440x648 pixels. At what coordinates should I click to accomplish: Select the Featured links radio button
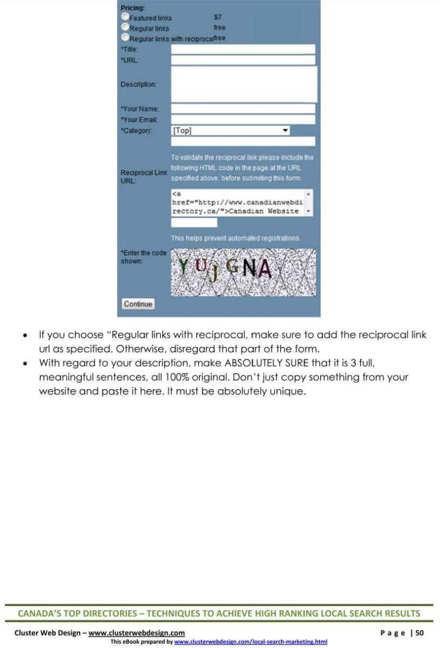[125, 17]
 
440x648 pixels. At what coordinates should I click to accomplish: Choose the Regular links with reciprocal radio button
[125, 37]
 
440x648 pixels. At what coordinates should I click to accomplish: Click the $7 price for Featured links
[218, 17]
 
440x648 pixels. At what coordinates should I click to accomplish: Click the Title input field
[243, 49]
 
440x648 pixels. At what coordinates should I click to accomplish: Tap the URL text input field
[243, 60]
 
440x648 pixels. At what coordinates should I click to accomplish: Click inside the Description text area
[244, 84]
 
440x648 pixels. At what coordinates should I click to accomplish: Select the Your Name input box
[243, 109]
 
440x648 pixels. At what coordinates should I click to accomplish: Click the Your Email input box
[243, 119]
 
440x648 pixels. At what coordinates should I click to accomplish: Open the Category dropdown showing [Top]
[230, 131]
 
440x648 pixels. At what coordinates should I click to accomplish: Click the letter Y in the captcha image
[184, 266]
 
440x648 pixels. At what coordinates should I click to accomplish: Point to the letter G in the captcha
[232, 267]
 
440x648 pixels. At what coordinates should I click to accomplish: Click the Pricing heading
[133, 8]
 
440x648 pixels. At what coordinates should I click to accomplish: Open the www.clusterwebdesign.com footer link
[137, 633]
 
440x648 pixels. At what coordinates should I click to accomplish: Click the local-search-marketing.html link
[250, 641]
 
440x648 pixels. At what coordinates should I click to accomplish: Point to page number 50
[419, 633]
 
